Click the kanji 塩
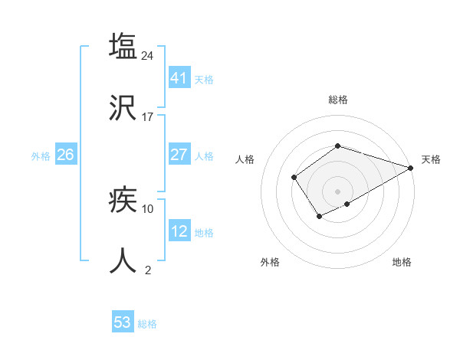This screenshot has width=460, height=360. (x=123, y=46)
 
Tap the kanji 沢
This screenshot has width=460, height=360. (x=123, y=108)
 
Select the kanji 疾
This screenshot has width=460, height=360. (x=123, y=200)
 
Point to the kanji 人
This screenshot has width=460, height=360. (x=123, y=261)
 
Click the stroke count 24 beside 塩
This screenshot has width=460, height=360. (x=148, y=55)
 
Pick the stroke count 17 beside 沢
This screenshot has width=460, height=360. (x=148, y=117)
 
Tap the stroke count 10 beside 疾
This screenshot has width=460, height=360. (x=148, y=208)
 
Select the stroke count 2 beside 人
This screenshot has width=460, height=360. (x=148, y=270)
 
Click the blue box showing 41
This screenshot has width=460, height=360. (x=179, y=77)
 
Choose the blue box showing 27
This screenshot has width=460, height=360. (x=179, y=155)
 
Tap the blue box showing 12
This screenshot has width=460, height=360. (x=179, y=231)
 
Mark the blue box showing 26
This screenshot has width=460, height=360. (x=65, y=155)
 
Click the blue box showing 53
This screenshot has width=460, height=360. (x=123, y=322)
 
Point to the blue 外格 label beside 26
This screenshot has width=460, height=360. (x=41, y=156)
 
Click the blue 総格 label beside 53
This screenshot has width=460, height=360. (x=147, y=324)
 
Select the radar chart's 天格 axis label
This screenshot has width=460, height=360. (x=431, y=159)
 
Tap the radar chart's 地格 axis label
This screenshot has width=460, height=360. (x=402, y=262)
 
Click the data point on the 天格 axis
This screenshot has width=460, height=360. (x=412, y=168)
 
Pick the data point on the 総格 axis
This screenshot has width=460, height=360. (x=337, y=146)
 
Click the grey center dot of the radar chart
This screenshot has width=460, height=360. (x=337, y=191)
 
